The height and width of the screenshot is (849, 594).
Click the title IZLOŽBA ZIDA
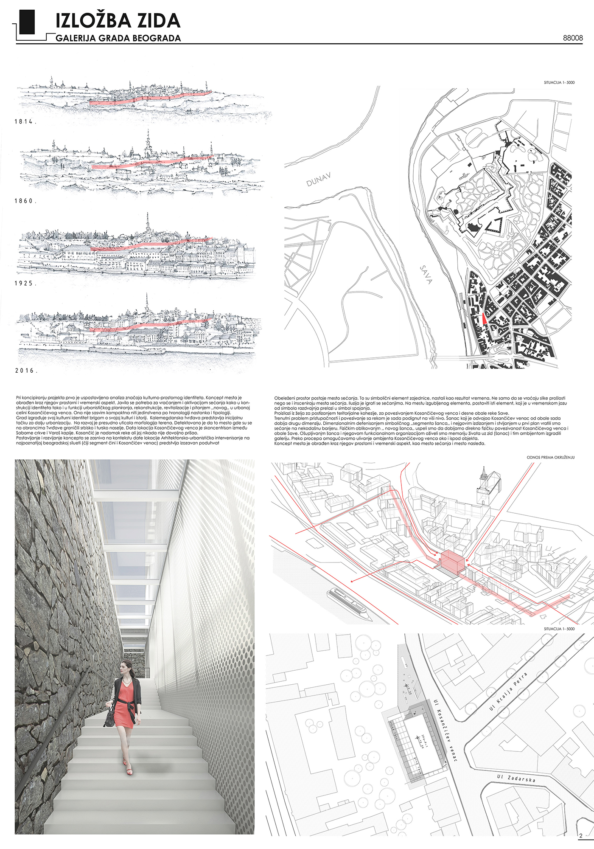pyautogui.click(x=118, y=20)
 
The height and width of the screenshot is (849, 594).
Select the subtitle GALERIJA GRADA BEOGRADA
pyautogui.click(x=118, y=38)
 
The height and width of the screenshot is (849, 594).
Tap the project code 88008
pyautogui.click(x=573, y=38)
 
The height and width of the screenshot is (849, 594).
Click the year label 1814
pyautogui.click(x=25, y=122)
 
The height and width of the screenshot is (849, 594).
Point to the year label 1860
pyautogui.click(x=25, y=201)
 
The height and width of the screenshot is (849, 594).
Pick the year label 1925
pyautogui.click(x=25, y=283)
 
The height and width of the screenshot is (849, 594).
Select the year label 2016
pyautogui.click(x=26, y=371)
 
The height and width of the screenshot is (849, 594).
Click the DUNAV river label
pyautogui.click(x=318, y=180)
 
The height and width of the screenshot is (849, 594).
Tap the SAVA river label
pyautogui.click(x=426, y=275)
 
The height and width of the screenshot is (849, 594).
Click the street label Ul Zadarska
pyautogui.click(x=516, y=778)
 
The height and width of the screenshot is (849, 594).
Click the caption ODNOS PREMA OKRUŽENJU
pyautogui.click(x=550, y=458)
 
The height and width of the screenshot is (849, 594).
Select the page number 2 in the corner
pyautogui.click(x=581, y=836)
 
